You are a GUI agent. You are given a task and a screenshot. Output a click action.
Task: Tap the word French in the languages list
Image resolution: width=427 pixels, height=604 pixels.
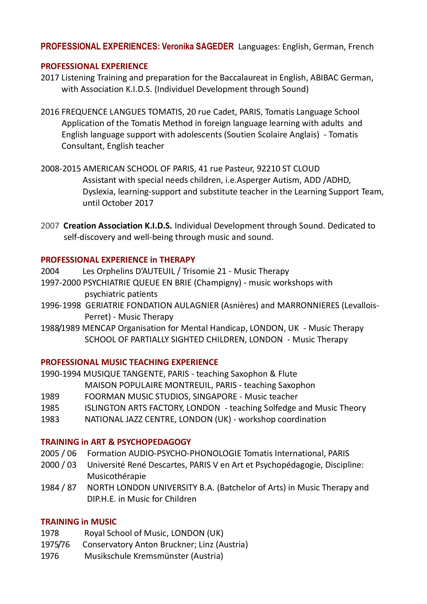(361, 47)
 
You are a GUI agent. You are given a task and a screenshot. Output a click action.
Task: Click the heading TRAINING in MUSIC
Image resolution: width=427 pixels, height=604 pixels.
(79, 522)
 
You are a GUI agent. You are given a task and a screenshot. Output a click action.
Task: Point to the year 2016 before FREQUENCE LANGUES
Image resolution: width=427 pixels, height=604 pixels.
(50, 112)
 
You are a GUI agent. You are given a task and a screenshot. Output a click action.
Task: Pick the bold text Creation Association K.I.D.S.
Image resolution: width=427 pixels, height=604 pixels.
(118, 226)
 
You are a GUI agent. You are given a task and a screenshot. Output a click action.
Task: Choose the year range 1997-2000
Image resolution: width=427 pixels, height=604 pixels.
(61, 283)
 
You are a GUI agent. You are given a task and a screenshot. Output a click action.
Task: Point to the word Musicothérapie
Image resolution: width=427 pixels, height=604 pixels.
(116, 476)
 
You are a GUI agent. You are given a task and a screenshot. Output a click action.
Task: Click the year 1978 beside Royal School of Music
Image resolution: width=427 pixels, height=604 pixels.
(50, 533)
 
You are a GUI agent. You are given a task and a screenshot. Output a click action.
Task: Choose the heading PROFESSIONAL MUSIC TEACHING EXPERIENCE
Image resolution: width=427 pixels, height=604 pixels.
(129, 362)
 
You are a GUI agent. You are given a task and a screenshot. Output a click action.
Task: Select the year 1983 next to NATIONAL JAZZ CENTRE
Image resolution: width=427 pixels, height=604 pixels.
(50, 419)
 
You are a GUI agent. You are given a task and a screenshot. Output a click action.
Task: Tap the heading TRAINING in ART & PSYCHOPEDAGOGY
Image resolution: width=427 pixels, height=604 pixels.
(116, 442)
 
